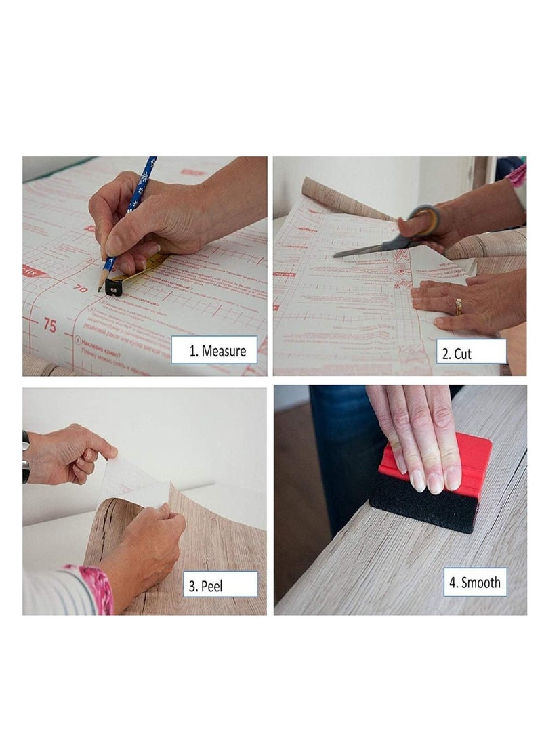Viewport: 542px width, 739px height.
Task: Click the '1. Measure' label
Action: tap(213, 350)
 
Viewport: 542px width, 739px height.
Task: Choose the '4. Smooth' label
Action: tap(475, 582)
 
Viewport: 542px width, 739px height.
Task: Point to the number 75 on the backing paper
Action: tap(49, 324)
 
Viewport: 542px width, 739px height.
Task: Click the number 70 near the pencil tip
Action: tap(81, 288)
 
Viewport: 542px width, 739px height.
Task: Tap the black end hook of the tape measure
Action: tap(113, 287)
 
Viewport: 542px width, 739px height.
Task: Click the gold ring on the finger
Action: tap(459, 307)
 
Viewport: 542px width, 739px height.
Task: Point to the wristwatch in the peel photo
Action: tap(26, 457)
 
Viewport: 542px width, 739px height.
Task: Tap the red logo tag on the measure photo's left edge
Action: tap(34, 271)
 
